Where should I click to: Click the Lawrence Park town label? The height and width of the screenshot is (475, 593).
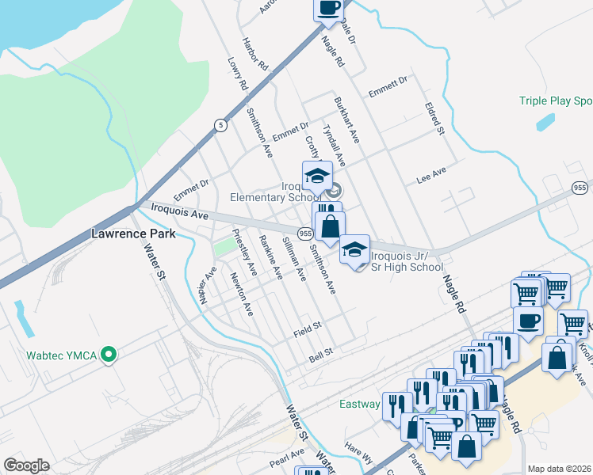click(x=131, y=234)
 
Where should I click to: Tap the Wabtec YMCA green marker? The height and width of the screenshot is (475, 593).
click(x=112, y=355)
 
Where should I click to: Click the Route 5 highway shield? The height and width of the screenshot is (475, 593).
click(x=220, y=124)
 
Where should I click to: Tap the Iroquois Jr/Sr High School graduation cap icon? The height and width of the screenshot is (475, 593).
click(x=355, y=249)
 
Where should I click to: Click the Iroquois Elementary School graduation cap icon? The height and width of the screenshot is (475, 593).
click(x=317, y=175)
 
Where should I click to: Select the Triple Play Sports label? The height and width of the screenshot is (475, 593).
click(x=556, y=101)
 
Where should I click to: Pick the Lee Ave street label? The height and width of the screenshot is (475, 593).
click(x=432, y=176)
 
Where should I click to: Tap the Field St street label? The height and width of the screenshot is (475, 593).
click(x=307, y=326)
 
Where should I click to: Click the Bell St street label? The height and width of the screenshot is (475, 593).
click(x=321, y=359)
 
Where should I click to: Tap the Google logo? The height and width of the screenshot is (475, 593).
click(x=26, y=465)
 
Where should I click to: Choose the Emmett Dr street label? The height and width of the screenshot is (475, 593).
click(x=392, y=81)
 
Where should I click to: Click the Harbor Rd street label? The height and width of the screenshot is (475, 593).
click(x=256, y=54)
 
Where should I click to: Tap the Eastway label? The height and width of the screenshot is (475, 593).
click(x=360, y=404)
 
